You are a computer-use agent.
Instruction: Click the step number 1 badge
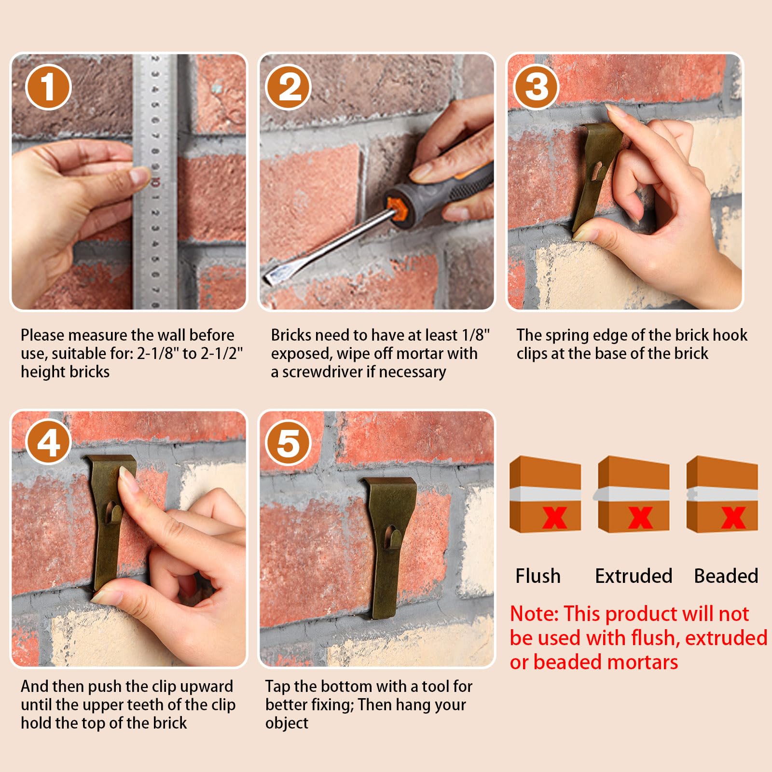[x=48, y=87]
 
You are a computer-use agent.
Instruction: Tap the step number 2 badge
[x=289, y=87]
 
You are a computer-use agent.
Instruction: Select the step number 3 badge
[x=537, y=87]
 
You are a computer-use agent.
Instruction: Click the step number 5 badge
[x=289, y=442]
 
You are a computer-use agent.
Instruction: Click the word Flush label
[x=538, y=576]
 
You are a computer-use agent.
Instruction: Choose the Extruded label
[x=634, y=576]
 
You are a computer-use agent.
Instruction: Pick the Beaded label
[x=726, y=576]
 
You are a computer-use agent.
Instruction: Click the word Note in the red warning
[x=534, y=614]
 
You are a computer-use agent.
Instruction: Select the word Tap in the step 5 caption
[x=277, y=687]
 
